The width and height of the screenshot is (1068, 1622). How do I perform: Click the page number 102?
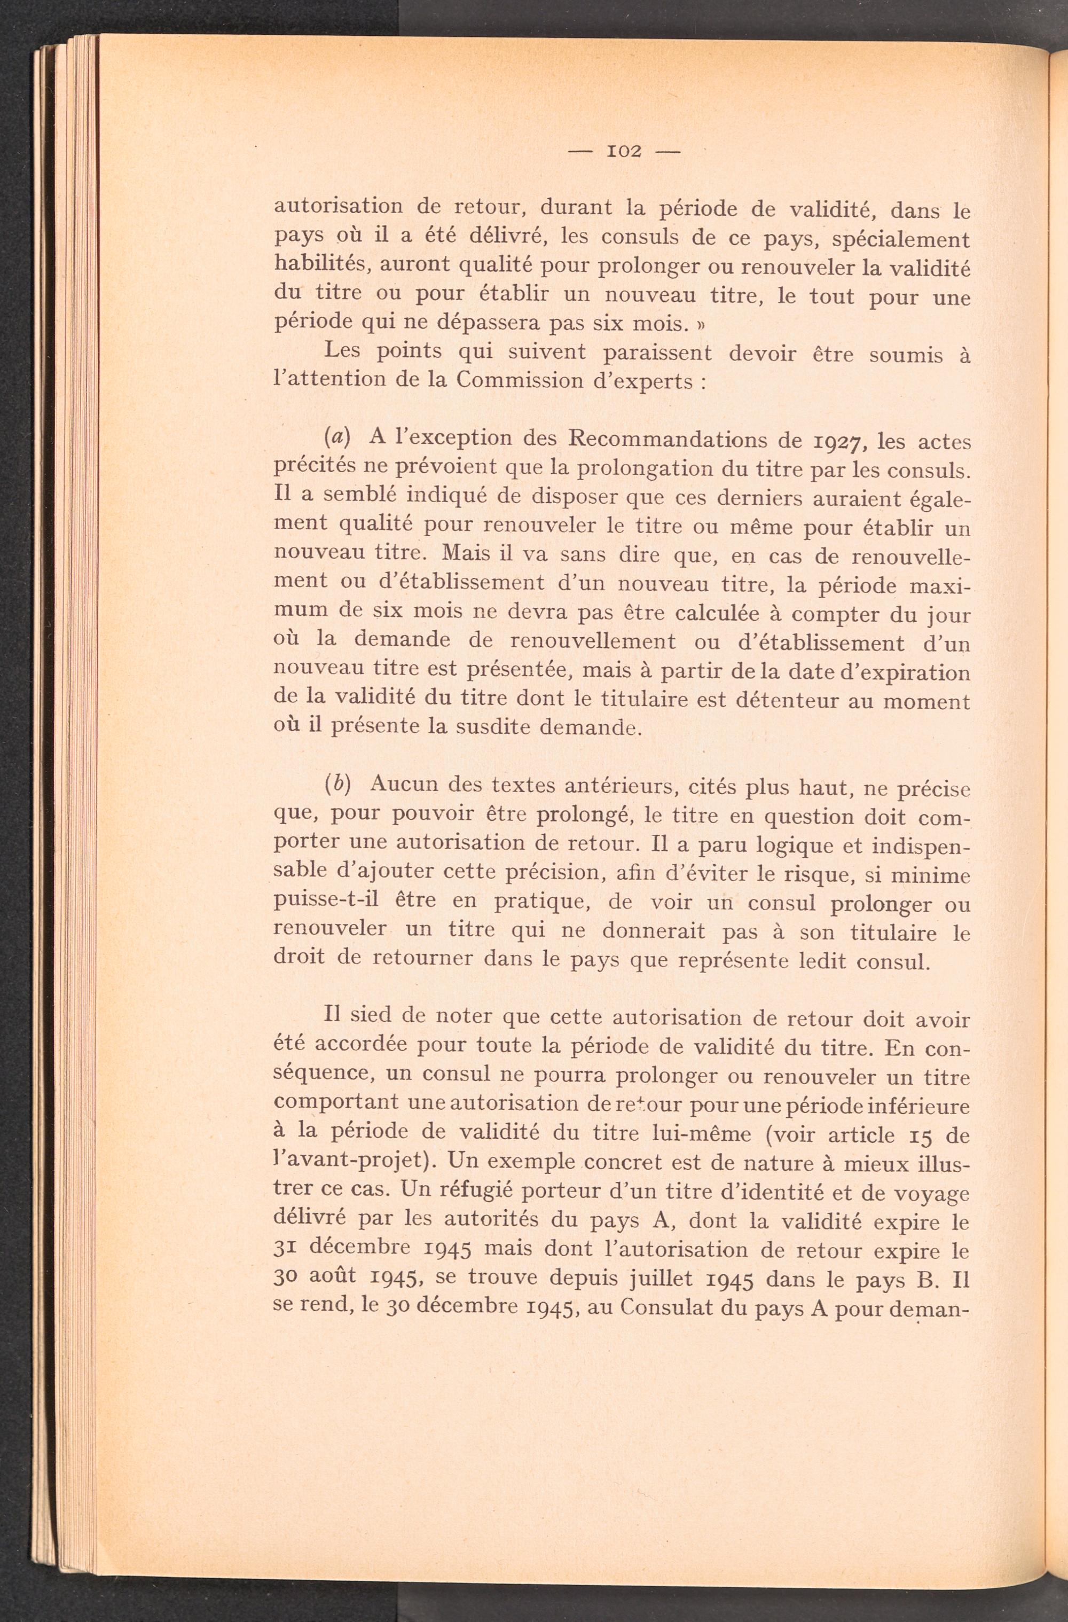tap(624, 151)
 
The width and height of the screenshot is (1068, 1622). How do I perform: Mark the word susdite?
tap(498, 727)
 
